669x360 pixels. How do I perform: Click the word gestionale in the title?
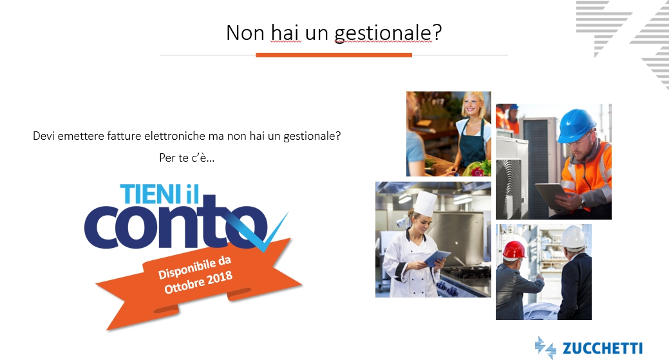[x=382, y=33]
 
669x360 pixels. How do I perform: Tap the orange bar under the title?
[x=334, y=55]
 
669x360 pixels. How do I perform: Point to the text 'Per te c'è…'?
[x=187, y=158]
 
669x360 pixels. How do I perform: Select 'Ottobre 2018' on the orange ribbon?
[x=198, y=282]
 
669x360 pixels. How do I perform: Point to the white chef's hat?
[x=425, y=204]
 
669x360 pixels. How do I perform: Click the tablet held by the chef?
[x=437, y=258]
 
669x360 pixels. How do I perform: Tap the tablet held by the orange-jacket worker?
[x=552, y=196]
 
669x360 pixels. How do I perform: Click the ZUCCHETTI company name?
[x=603, y=348]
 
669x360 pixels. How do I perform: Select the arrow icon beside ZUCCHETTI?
[x=545, y=348]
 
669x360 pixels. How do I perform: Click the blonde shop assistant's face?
[x=473, y=105]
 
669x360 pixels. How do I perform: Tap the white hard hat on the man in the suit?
[x=574, y=237]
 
